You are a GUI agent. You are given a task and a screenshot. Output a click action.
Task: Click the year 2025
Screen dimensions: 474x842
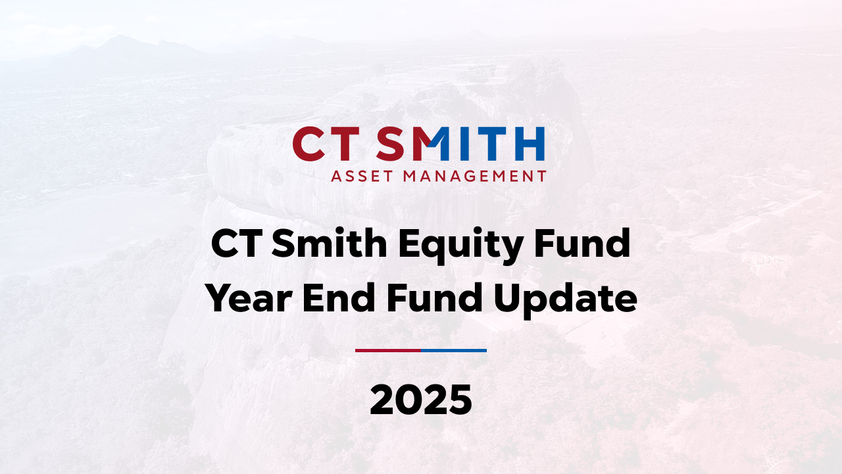(421, 400)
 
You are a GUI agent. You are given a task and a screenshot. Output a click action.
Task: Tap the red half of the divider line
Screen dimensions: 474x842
(387, 350)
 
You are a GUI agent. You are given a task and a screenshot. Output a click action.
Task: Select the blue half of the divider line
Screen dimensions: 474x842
(454, 350)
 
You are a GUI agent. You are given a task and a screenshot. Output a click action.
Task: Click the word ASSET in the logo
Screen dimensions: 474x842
(361, 176)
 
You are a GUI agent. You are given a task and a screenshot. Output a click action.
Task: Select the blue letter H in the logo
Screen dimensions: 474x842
(530, 144)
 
